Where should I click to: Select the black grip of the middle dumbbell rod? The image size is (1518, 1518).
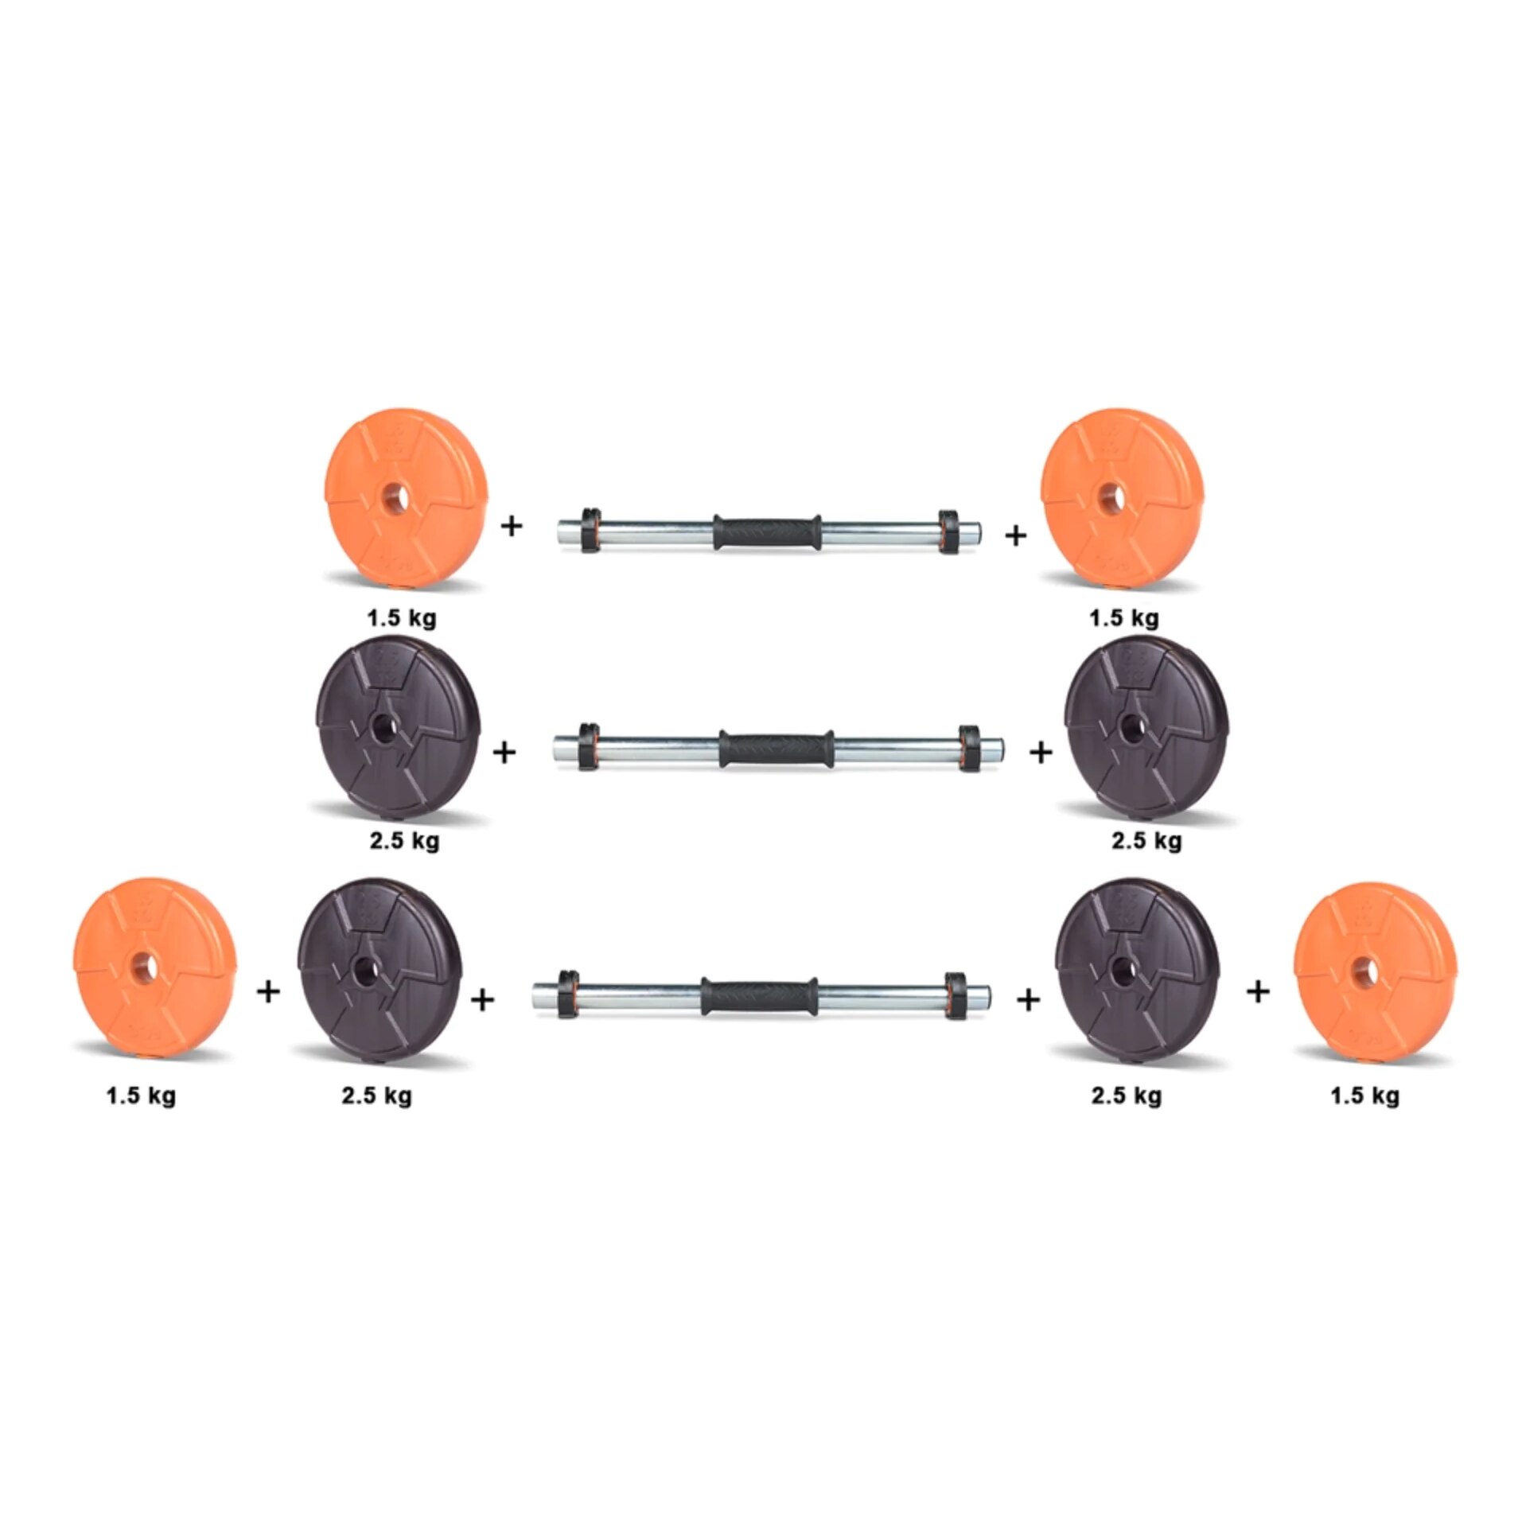[x=776, y=748]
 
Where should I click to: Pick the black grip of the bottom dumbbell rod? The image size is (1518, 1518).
[x=759, y=996]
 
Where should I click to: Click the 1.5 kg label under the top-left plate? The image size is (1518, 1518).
[x=402, y=618]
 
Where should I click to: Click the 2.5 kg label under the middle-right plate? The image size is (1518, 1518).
[x=1146, y=839]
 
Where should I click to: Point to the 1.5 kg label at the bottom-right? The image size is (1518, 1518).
[x=1364, y=1096]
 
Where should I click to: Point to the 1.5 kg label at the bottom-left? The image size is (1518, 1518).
[x=141, y=1096]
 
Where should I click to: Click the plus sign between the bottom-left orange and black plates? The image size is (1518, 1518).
[x=269, y=991]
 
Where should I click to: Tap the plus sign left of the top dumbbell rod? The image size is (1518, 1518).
[x=511, y=525]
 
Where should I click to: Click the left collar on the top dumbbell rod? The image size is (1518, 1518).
[x=590, y=530]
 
